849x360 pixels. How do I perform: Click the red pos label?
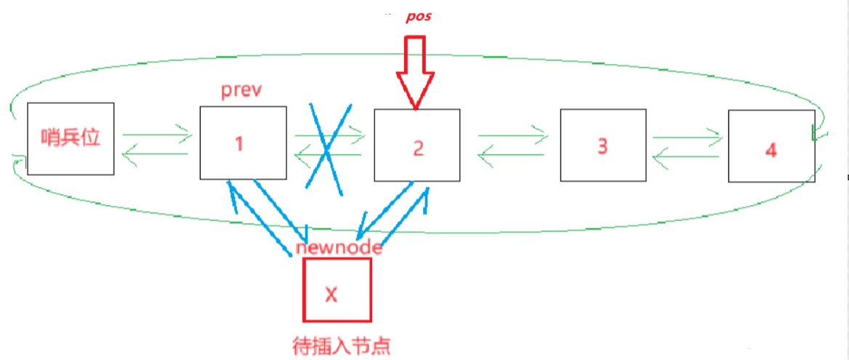coord(418,16)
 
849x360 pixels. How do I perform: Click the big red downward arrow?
coord(415,76)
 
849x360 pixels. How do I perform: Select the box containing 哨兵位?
coord(71,138)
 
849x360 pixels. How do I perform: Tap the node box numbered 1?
coord(242,143)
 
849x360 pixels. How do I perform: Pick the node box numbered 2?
coord(417,145)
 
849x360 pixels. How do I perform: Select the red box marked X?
coord(337,290)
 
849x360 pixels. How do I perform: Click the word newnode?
coord(339,247)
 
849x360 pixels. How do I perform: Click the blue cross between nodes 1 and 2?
coord(328,148)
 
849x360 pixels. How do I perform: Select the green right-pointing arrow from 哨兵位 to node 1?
coord(157,134)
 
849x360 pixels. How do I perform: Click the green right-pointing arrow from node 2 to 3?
coord(512,134)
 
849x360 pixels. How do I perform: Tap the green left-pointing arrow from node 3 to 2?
coord(512,153)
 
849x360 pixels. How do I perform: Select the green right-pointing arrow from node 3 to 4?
coord(688,136)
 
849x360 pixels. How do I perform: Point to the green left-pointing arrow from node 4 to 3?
coord(688,154)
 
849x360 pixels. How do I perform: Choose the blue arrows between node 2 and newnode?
coord(396,215)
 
